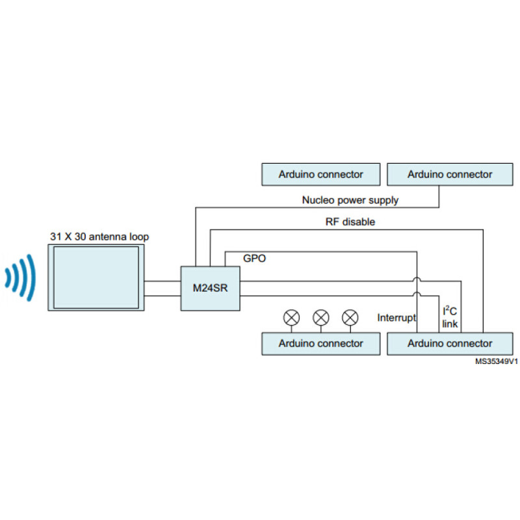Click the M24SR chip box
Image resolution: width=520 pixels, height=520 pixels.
[x=210, y=289]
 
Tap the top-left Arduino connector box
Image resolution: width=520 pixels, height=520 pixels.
[x=320, y=174]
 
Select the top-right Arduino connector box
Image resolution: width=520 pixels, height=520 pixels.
[x=450, y=174]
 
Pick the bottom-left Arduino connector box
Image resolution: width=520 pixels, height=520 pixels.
[x=320, y=344]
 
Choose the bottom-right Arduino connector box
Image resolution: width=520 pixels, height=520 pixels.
[x=450, y=344]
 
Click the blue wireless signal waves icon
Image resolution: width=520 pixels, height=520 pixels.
[x=20, y=278]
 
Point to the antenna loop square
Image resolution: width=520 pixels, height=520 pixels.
[x=96, y=278]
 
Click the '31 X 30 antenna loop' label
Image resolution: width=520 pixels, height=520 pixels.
[x=99, y=237]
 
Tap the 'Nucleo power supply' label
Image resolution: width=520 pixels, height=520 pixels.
[x=350, y=200]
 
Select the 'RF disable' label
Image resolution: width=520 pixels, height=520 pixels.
[x=350, y=222]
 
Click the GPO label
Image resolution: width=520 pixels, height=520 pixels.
[x=254, y=258]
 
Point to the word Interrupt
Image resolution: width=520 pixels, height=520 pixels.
[x=396, y=318]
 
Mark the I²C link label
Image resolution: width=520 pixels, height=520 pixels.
[x=450, y=317]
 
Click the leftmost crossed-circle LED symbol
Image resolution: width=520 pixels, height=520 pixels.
[x=291, y=318]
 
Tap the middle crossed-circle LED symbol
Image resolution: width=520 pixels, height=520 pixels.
[x=321, y=318]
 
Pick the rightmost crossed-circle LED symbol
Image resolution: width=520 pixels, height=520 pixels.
[x=350, y=318]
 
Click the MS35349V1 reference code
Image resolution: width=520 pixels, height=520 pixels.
[x=497, y=361]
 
